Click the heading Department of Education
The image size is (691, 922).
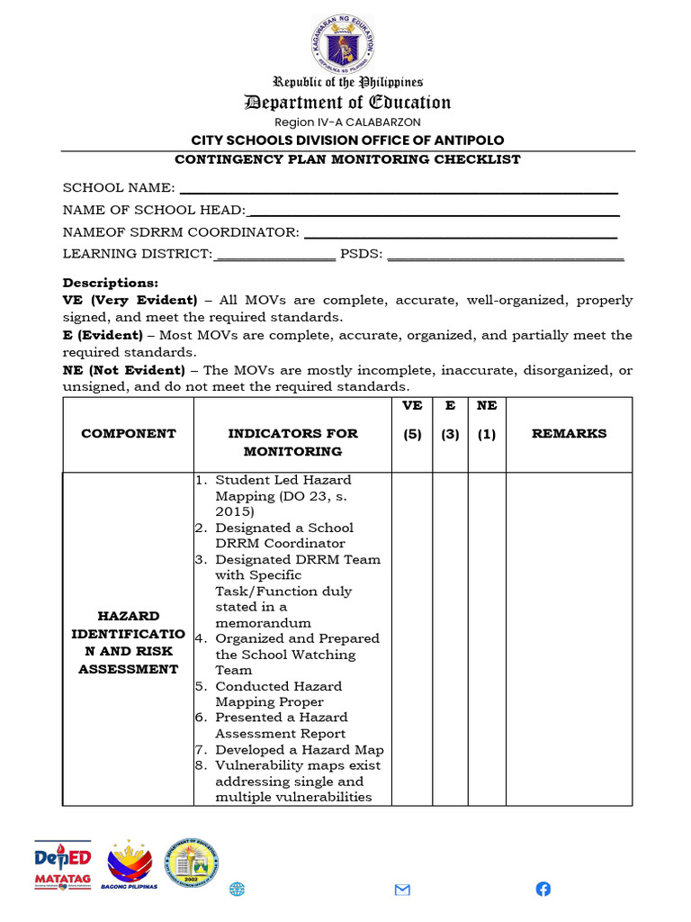pos(347,102)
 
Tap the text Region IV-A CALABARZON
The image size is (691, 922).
pos(347,122)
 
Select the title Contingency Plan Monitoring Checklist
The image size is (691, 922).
pos(347,159)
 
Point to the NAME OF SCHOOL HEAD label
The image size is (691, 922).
pos(153,210)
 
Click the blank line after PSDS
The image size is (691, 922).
pos(505,257)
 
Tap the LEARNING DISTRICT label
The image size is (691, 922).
pos(137,254)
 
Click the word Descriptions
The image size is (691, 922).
pos(110,283)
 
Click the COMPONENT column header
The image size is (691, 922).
pos(129,433)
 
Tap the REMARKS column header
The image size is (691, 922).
pos(569,433)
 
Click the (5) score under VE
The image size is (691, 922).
pos(411,434)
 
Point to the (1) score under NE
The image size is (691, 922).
pos(486,434)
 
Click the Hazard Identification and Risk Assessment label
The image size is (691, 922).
pos(129,642)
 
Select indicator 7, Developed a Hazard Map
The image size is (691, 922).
pos(299,749)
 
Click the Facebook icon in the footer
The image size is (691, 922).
pos(543,889)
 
